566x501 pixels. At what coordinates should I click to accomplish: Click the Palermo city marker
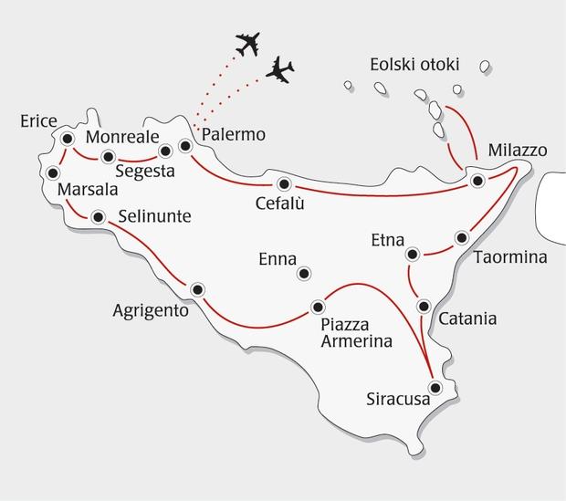(185, 145)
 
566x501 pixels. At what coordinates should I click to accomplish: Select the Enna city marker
(304, 273)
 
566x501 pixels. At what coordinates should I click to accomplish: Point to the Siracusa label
(397, 399)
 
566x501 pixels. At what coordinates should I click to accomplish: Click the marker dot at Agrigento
(197, 290)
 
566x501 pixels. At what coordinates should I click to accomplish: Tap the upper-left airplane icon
(248, 43)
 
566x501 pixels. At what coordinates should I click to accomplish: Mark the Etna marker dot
(413, 254)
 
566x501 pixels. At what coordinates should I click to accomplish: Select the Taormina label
(510, 258)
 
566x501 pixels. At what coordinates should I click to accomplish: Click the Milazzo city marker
(477, 182)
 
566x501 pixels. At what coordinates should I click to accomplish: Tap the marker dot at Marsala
(53, 172)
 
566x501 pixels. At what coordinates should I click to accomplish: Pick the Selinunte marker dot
(98, 217)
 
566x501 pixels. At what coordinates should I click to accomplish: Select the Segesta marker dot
(165, 151)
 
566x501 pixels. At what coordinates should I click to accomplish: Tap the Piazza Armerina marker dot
(318, 307)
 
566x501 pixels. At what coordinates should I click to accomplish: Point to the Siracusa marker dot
(435, 388)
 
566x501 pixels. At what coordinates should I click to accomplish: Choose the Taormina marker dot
(461, 238)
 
